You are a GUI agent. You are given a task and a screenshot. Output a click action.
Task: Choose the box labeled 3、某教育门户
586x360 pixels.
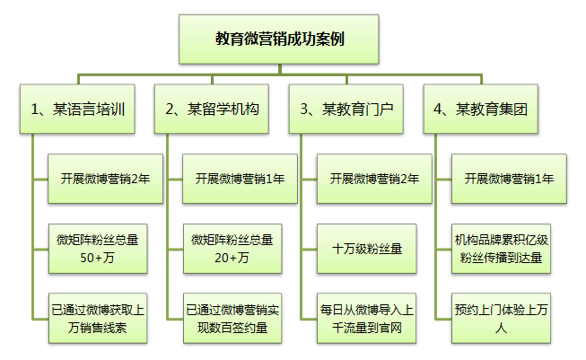click(346, 110)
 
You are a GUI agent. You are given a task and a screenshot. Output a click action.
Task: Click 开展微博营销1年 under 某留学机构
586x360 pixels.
click(233, 179)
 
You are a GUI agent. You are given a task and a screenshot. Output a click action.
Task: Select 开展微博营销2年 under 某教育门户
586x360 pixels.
click(368, 179)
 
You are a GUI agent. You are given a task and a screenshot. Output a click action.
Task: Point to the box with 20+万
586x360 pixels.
click(233, 249)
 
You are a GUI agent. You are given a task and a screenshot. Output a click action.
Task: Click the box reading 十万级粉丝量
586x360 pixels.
click(368, 249)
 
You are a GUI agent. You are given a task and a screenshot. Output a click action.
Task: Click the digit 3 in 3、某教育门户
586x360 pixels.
click(304, 110)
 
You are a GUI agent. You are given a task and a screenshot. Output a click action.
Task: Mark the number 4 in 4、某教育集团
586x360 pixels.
click(438, 110)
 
